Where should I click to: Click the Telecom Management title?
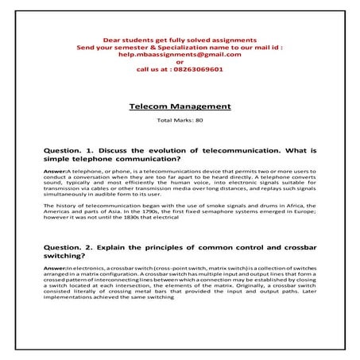coord(180,106)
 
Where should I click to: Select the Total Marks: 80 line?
coord(180,120)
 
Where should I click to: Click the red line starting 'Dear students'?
coord(179,39)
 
